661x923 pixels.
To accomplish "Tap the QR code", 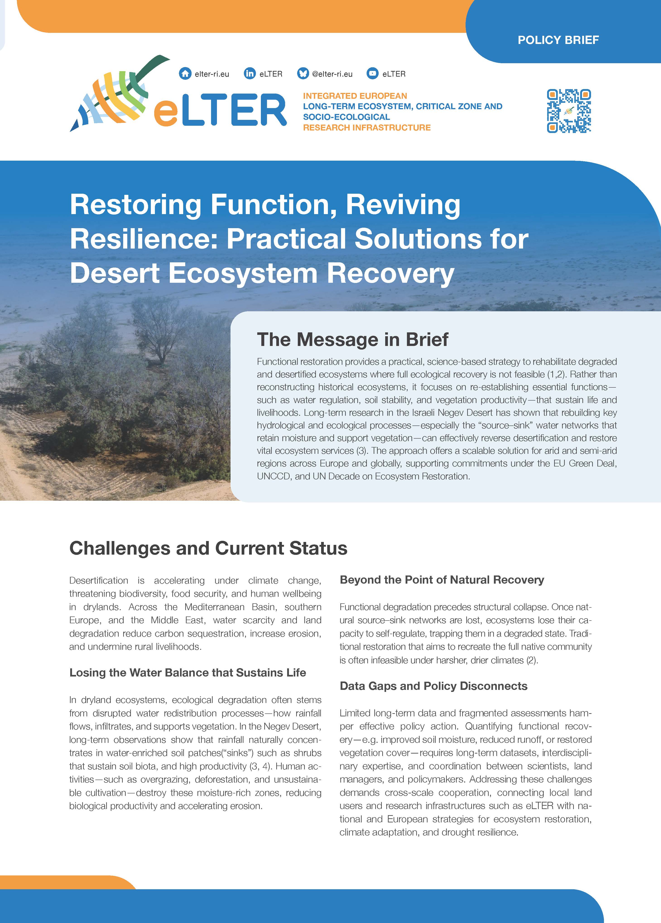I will tap(569, 111).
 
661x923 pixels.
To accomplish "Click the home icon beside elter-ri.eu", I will tap(185, 74).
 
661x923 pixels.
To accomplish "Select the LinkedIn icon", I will tap(249, 74).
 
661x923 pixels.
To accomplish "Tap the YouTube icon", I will tap(372, 74).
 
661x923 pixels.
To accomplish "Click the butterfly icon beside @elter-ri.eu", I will tap(303, 74).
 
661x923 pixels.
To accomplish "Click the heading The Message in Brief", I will tap(352, 339).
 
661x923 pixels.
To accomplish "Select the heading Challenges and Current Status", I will tap(208, 548).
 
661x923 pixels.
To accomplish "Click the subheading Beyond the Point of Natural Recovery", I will tap(442, 580).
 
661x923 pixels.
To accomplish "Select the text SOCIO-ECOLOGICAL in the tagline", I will tap(346, 117).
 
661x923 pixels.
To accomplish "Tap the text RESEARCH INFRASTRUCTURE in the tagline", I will tap(366, 127).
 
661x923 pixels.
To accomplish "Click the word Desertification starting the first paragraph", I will tap(99, 580).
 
